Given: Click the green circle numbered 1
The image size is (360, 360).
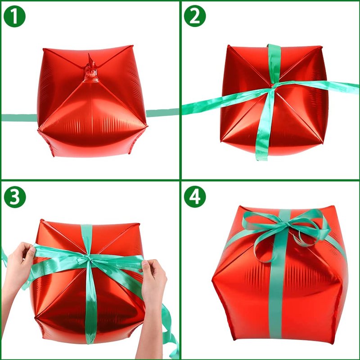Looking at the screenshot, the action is tap(14, 16).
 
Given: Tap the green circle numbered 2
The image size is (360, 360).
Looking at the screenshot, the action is tap(195, 16).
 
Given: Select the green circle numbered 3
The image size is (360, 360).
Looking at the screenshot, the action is tap(15, 197).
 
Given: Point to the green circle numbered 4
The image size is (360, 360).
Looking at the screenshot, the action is tap(195, 197).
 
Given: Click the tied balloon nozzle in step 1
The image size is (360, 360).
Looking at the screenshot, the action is tap(92, 70).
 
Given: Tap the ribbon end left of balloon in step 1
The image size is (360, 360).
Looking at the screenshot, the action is tap(19, 117).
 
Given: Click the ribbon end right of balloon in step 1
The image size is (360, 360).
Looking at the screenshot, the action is tap(162, 113).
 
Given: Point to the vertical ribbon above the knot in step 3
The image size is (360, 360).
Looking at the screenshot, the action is tap(87, 239).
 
